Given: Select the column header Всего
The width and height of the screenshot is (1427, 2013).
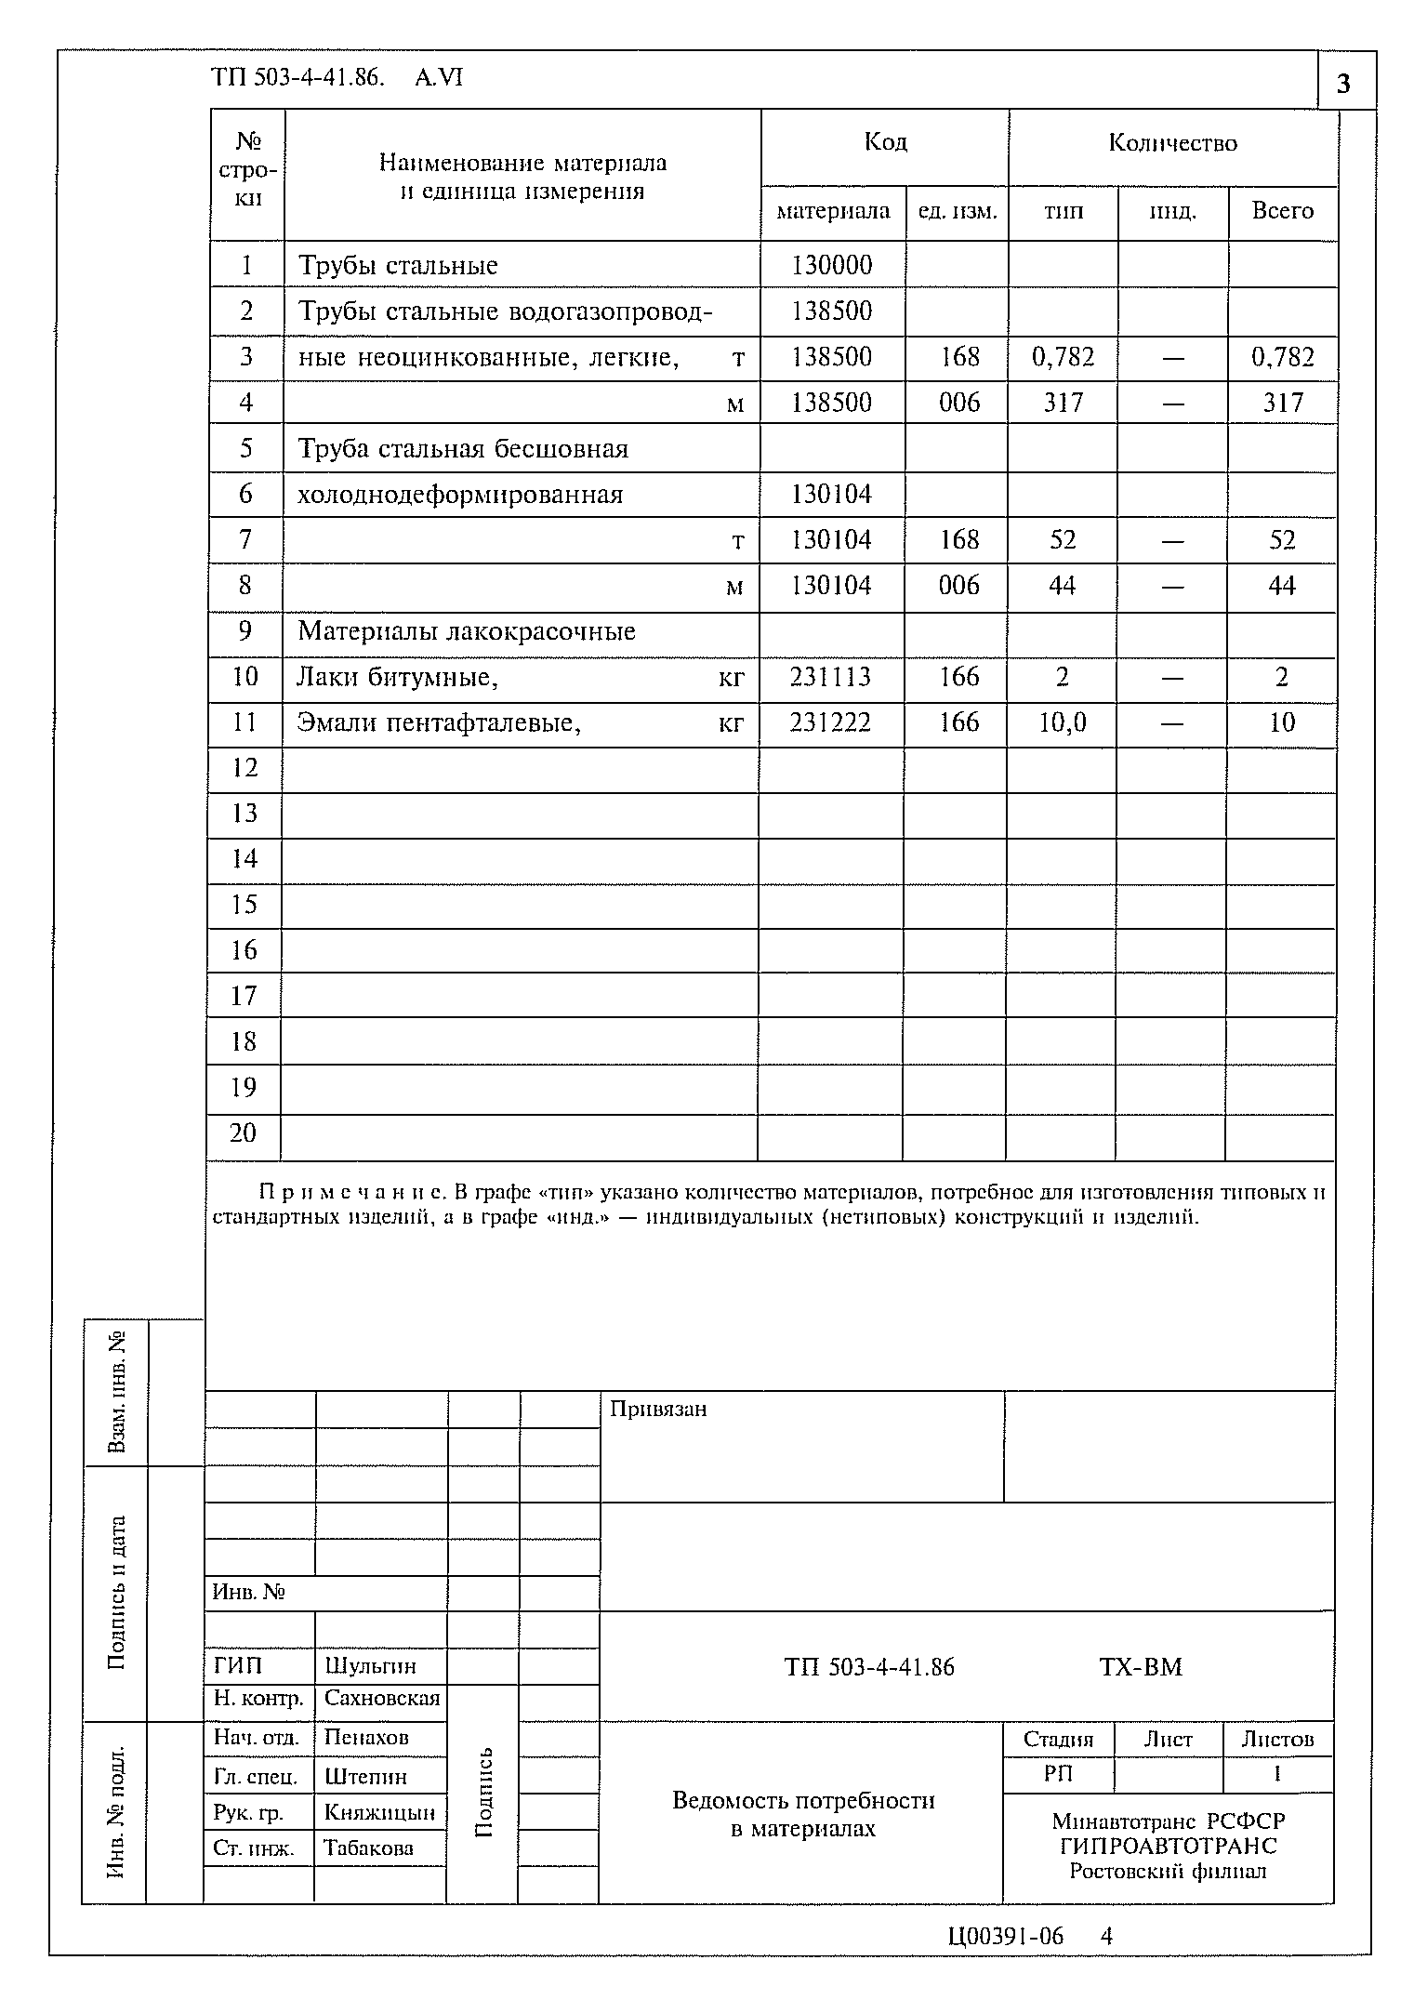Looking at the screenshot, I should tap(1282, 211).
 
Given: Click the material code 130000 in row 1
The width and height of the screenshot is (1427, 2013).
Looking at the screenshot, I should tap(832, 266).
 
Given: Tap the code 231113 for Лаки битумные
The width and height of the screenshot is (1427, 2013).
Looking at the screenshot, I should tap(830, 677).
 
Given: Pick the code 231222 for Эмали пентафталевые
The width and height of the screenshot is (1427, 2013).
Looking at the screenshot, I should tap(830, 722).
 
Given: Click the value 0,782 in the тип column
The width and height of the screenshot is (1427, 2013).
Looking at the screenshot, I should tap(1063, 357).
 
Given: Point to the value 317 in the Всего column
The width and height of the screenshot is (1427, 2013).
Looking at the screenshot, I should tap(1283, 403).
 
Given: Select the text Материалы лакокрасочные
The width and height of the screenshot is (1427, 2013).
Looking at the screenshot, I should tap(467, 631).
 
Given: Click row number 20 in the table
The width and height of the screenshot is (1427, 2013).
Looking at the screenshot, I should tap(244, 1132).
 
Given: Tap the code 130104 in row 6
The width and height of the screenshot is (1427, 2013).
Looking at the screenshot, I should tap(831, 494).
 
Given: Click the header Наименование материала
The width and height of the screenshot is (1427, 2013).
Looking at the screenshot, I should tap(522, 164).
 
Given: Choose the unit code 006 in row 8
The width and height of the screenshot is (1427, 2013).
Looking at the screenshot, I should tap(958, 586).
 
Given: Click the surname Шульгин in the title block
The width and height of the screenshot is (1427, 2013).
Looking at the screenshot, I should tap(370, 1665).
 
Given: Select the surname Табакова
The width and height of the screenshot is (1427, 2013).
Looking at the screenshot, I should tap(368, 1847).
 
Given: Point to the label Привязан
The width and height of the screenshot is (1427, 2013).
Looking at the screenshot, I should tap(658, 1409).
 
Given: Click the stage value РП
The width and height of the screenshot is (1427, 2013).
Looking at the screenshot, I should tap(1058, 1773).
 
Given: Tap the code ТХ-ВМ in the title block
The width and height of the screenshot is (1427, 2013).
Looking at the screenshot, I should tap(1141, 1667).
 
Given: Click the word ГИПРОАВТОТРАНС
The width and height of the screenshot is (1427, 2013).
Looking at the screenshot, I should tap(1169, 1846).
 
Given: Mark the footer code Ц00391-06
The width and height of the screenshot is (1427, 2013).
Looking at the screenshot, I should tap(1005, 1936).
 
